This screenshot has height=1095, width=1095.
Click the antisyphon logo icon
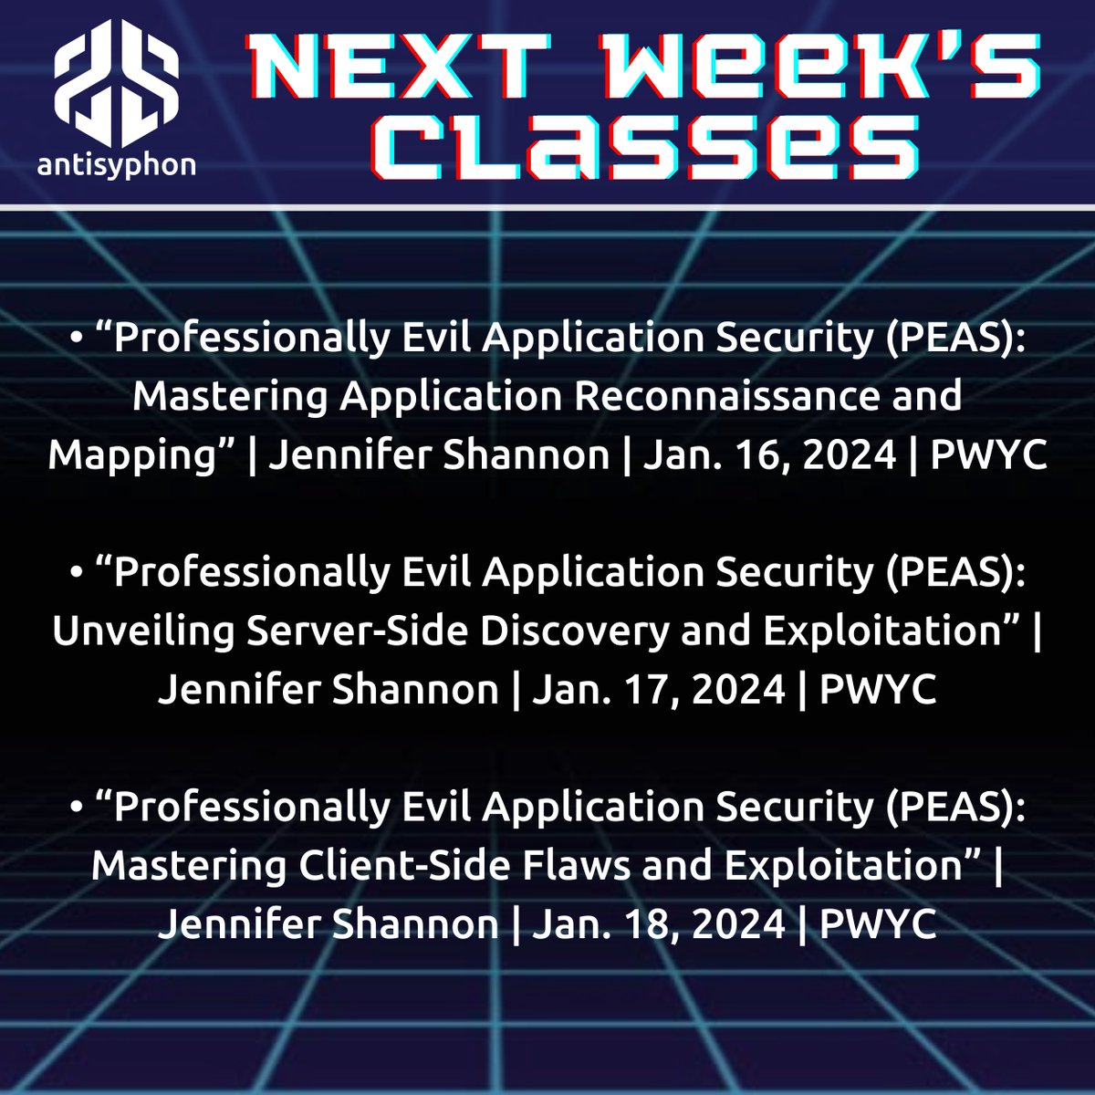coord(116,87)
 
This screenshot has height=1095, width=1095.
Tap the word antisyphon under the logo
coord(116,165)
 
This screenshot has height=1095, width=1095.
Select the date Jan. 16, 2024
coord(769,454)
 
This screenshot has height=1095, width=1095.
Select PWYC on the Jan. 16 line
coord(988,454)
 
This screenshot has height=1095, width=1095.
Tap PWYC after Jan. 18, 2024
coord(878,924)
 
